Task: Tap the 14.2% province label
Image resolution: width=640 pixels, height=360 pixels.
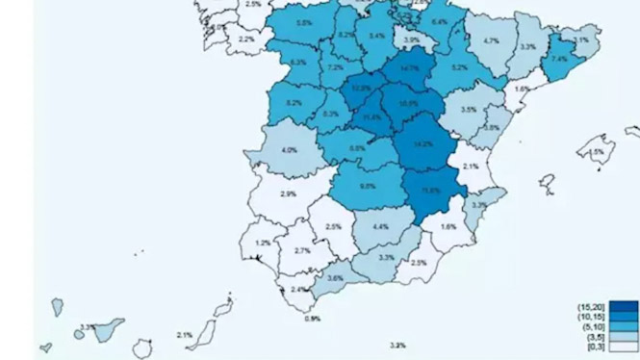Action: (422, 144)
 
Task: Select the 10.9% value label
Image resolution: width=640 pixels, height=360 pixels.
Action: (408, 103)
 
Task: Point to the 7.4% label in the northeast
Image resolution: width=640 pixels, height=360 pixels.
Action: (559, 60)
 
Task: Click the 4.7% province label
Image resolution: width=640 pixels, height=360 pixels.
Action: (491, 41)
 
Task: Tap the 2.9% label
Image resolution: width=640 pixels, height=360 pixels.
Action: (288, 194)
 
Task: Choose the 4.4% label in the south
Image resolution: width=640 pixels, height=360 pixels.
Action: (379, 227)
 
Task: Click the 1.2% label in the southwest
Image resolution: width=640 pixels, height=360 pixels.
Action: (263, 244)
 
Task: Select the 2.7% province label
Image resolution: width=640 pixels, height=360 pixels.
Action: (301, 251)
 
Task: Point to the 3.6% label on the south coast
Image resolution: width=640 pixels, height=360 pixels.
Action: (335, 278)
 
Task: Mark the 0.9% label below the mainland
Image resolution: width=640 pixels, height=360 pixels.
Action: (312, 319)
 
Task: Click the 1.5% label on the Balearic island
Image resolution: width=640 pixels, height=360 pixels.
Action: (597, 152)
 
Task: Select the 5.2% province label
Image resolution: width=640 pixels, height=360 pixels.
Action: (459, 67)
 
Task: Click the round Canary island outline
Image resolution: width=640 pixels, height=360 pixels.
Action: (143, 345)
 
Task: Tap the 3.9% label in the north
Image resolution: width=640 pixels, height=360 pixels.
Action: (411, 40)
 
